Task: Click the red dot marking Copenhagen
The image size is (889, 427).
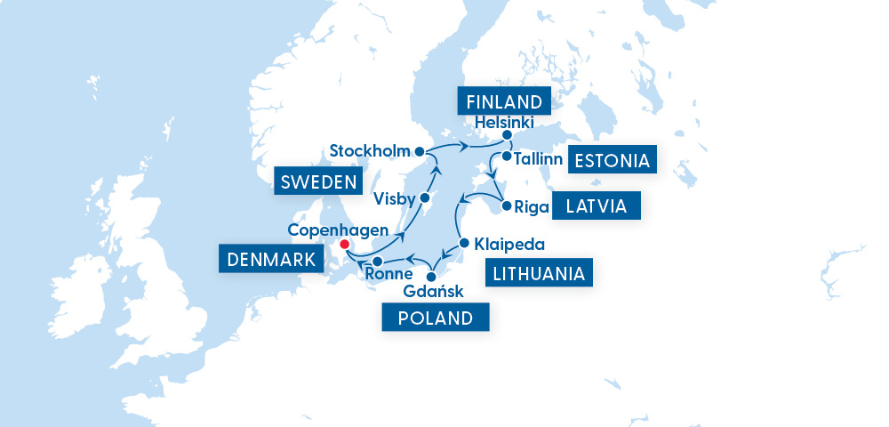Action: (x=344, y=244)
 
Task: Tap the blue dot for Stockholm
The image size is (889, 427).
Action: (x=419, y=150)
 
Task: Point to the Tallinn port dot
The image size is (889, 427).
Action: (x=506, y=157)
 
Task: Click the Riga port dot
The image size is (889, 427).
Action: (x=506, y=206)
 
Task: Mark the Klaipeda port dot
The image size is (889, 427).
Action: (x=464, y=242)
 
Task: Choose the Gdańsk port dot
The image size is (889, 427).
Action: (x=431, y=277)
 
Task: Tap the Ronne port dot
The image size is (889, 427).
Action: (x=378, y=262)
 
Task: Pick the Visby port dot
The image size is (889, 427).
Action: (x=425, y=197)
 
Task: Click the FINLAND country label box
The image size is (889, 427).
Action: (x=504, y=100)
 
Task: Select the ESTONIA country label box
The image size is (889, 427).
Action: (x=613, y=160)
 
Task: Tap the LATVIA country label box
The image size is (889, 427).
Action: (x=596, y=207)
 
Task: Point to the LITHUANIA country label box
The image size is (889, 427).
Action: (x=540, y=273)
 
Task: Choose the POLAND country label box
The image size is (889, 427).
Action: (x=436, y=318)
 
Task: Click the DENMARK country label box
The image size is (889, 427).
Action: (x=269, y=260)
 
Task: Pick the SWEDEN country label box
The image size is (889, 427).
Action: (x=318, y=182)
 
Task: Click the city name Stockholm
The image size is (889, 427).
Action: (x=369, y=150)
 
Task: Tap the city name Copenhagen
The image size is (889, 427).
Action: (x=338, y=229)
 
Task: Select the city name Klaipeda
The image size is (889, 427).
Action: (x=509, y=243)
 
